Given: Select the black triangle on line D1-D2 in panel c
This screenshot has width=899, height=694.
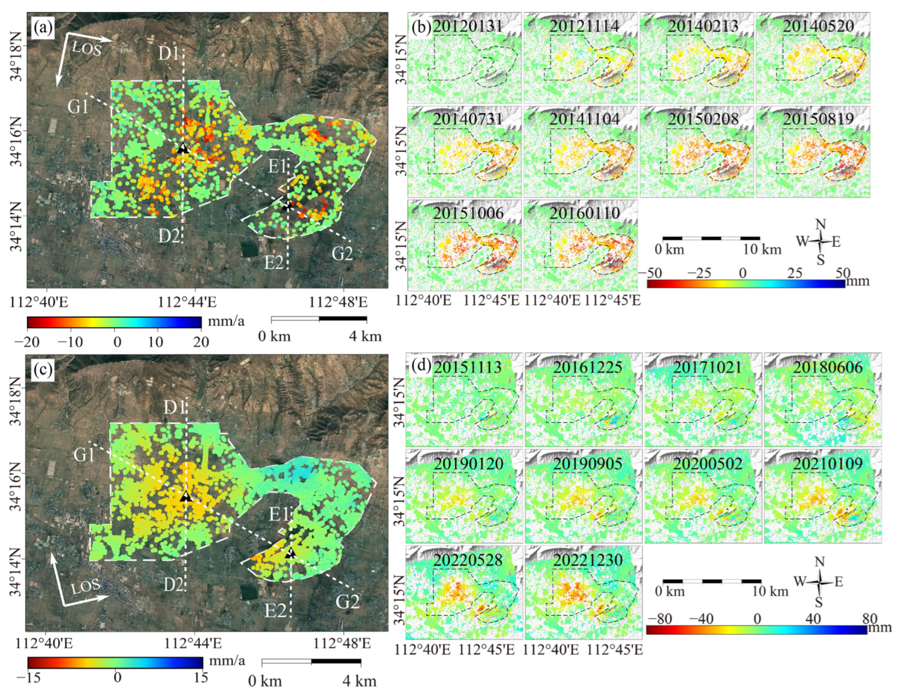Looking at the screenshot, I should coord(186,497).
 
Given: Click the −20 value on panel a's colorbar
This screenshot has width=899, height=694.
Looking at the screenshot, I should coord(29,342).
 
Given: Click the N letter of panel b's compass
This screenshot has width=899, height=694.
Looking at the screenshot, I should coord(821,224).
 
